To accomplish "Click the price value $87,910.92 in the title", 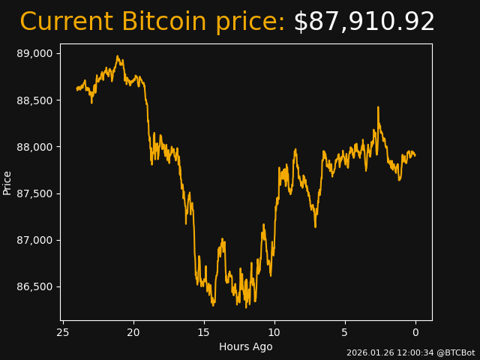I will click(364, 22).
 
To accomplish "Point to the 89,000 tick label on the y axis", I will click(35, 53).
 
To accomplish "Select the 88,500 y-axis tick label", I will click(35, 100).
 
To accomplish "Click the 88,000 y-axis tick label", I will click(35, 147).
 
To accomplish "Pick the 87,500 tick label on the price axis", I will click(35, 193).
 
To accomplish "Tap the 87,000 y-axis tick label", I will click(35, 240).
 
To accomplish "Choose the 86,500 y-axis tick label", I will click(35, 287).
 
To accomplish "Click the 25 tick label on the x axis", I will click(63, 332).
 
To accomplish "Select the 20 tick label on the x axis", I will click(133, 332).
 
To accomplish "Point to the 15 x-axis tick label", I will click(204, 332).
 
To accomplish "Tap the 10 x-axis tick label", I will click(274, 332).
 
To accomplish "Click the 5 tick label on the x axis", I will click(345, 332).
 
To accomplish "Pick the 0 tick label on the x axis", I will click(415, 332).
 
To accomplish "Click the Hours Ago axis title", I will click(246, 346).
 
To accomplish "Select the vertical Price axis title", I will click(7, 182).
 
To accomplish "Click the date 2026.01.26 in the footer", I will click(370, 352).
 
